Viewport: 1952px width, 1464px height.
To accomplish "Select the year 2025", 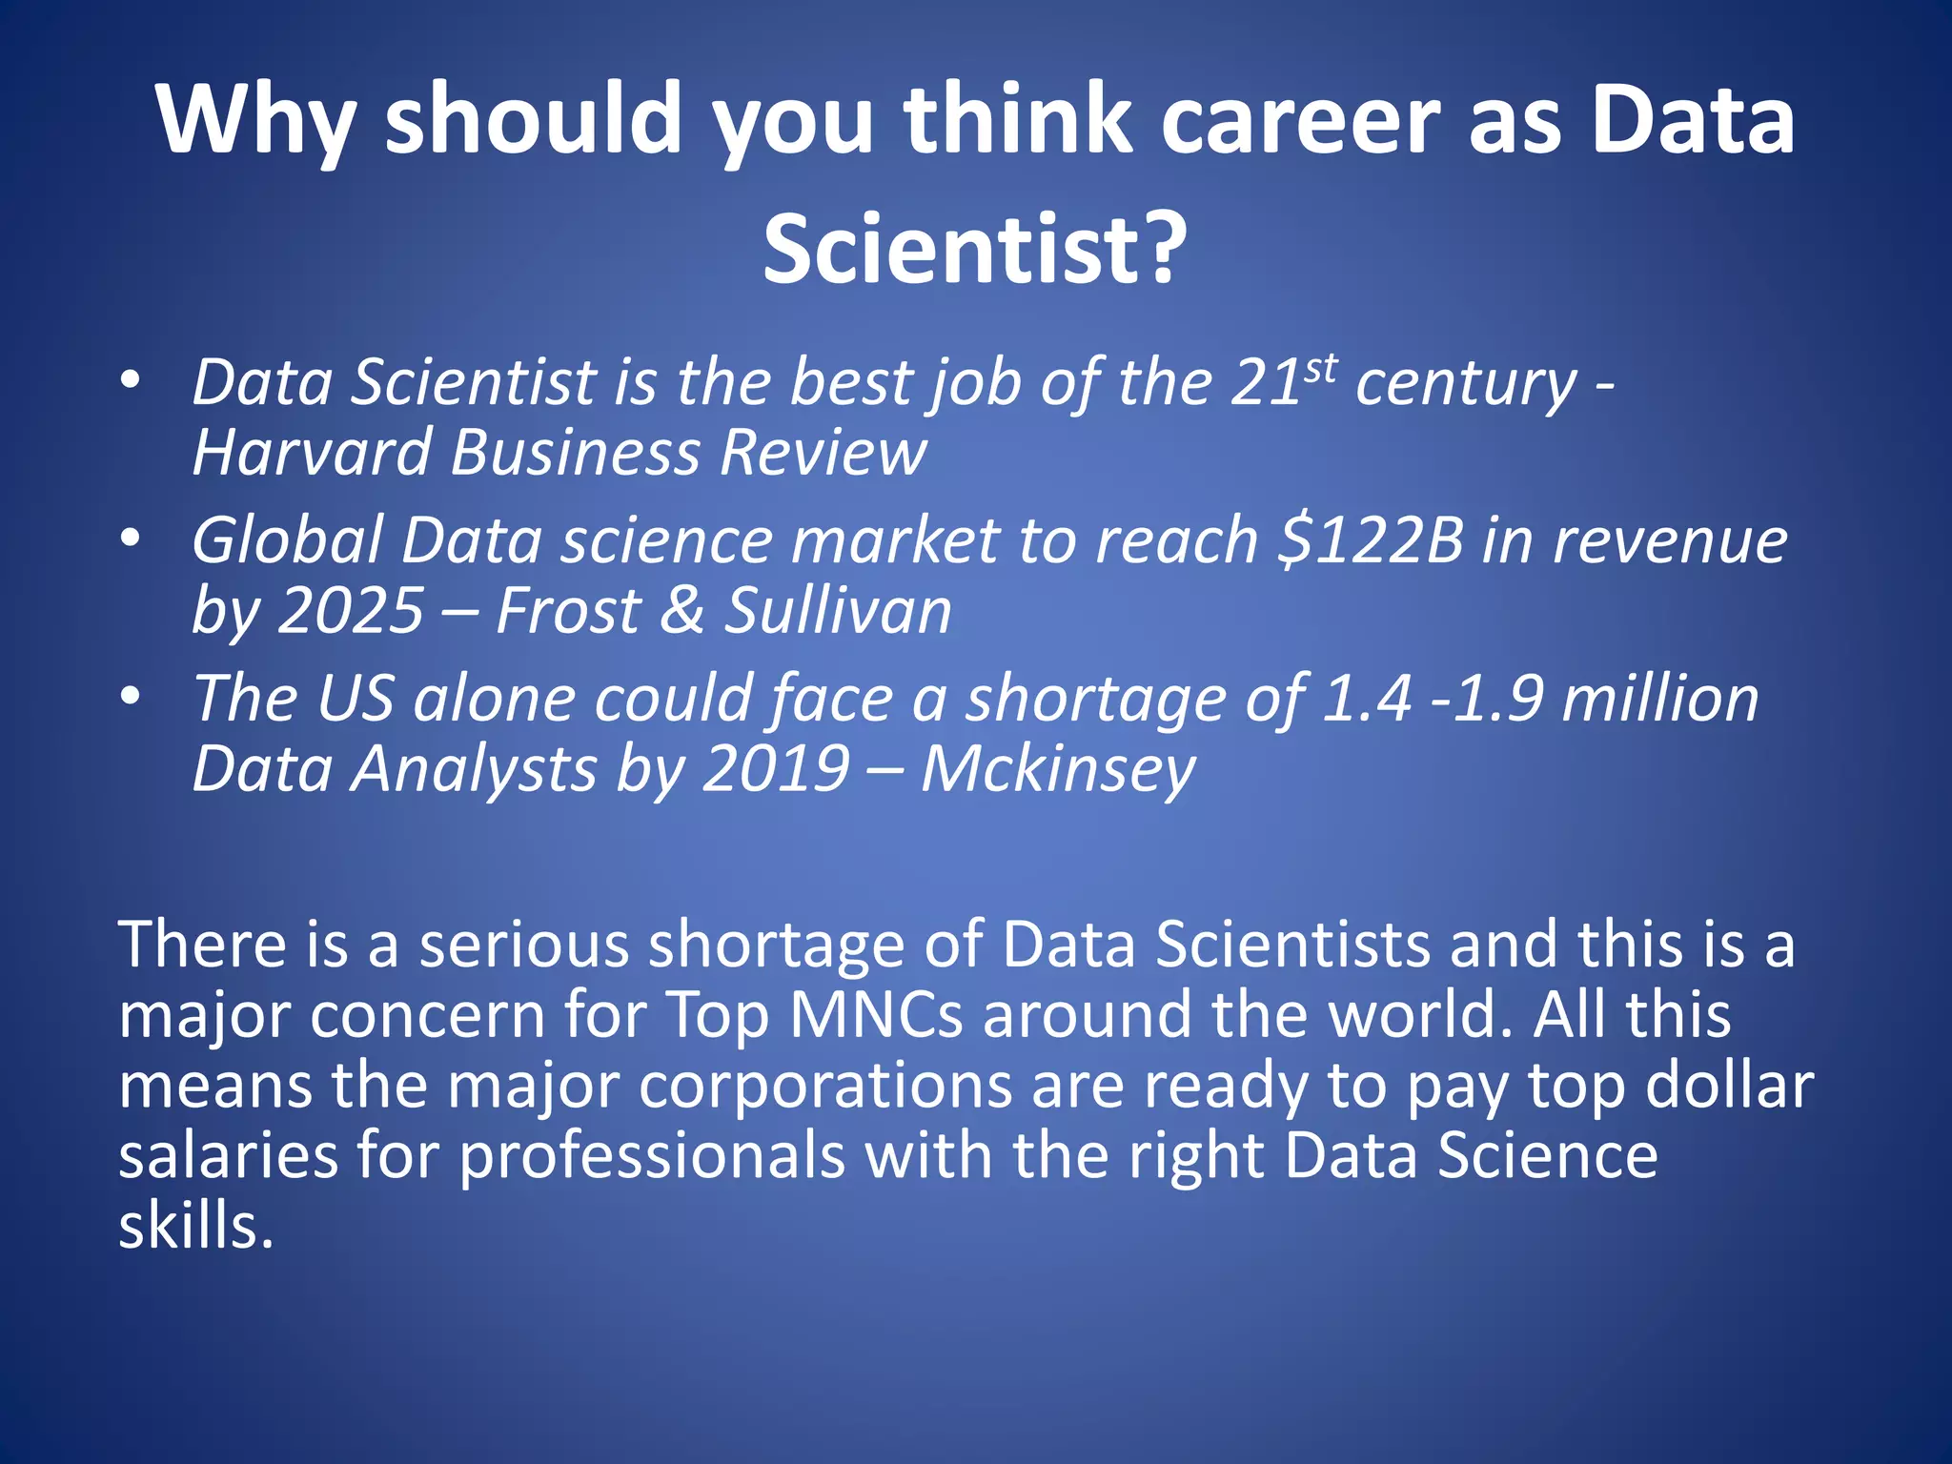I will click(x=350, y=610).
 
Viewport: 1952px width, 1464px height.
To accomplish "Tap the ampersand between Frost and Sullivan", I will click(x=681, y=610).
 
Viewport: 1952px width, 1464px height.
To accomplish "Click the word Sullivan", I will click(x=839, y=610).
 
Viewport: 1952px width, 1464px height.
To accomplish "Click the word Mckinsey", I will click(x=1058, y=768).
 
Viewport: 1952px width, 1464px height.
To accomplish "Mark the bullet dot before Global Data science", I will click(x=131, y=539).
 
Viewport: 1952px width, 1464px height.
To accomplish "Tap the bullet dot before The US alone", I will click(x=131, y=697).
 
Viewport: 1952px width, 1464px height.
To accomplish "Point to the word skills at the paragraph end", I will click(x=195, y=1226).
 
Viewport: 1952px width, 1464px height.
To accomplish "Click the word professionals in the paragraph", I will click(x=653, y=1155).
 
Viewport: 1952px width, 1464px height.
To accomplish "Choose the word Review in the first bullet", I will click(x=823, y=452).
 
